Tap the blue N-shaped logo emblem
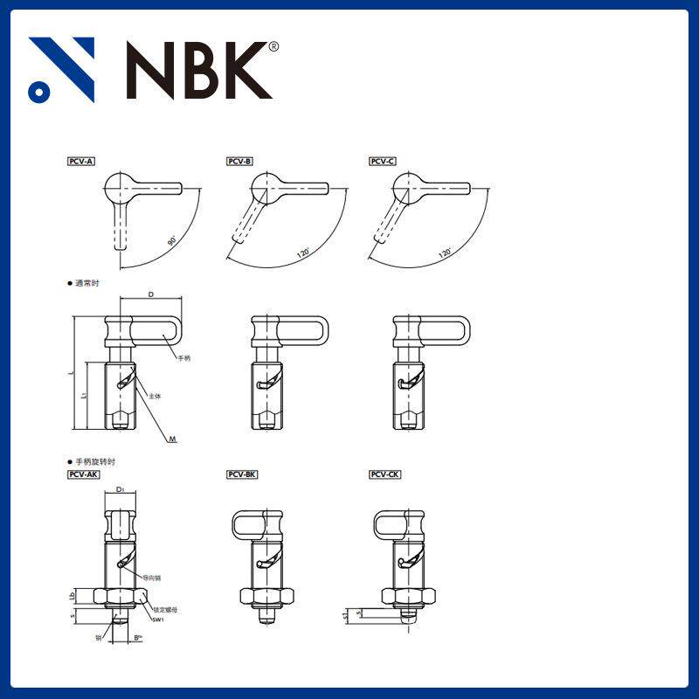tap(61, 70)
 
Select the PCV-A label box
tap(82, 162)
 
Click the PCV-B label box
tap(240, 162)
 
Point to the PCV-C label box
tap(383, 162)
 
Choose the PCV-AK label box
tap(84, 474)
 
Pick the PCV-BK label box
tap(242, 474)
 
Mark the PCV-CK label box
tap(385, 474)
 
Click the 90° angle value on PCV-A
tap(172, 239)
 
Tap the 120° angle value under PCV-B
tap(302, 253)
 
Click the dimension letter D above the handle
tap(151, 295)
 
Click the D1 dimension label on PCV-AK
tap(120, 490)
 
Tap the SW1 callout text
tap(158, 619)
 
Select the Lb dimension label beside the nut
tap(73, 596)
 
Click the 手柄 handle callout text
tap(183, 358)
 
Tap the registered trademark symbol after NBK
tap(273, 46)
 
